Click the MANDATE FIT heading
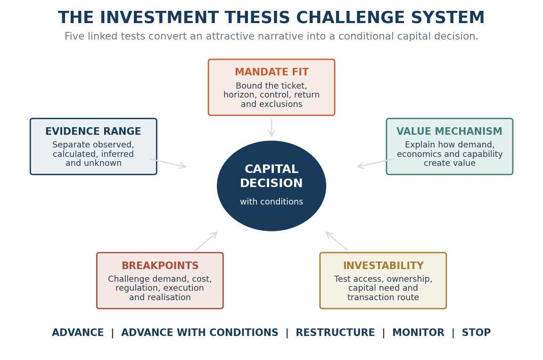(x=271, y=72)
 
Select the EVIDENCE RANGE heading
(x=93, y=131)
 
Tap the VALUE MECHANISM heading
(x=449, y=131)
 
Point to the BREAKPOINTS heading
(x=160, y=265)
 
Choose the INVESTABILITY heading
(x=383, y=265)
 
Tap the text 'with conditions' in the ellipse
(x=271, y=202)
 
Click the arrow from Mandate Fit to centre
(x=271, y=128)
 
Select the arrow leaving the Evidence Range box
(x=168, y=163)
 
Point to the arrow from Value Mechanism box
(x=375, y=163)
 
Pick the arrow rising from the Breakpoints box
(x=206, y=241)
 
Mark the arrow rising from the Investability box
(x=337, y=241)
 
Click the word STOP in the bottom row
(x=476, y=333)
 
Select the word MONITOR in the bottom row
(x=418, y=333)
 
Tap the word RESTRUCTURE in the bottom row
(x=335, y=333)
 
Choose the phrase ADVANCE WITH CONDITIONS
(x=200, y=333)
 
